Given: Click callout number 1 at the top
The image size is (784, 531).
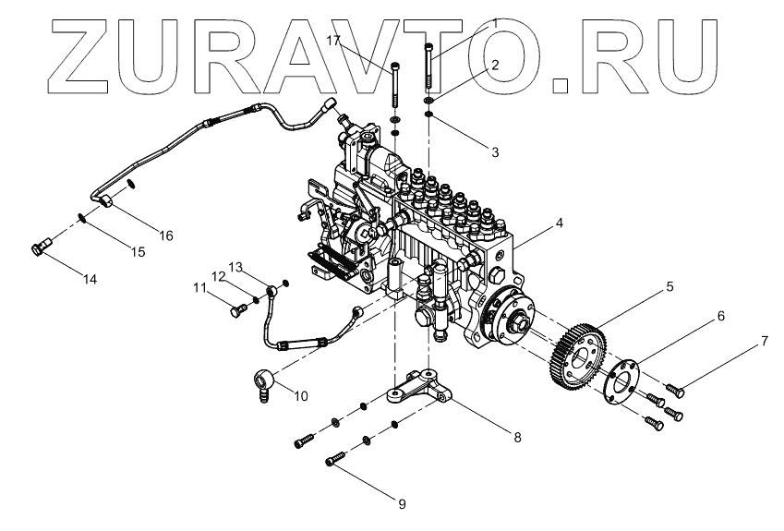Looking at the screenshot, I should [496, 20].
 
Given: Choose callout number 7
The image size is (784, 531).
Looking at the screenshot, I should [764, 341].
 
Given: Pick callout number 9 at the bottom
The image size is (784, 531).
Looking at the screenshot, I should [402, 503].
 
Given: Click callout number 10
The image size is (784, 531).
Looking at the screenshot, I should [301, 396].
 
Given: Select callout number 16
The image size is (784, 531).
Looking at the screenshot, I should [167, 235].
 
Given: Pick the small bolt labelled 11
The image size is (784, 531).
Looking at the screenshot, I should [235, 311].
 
